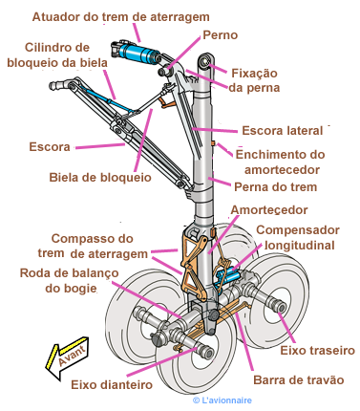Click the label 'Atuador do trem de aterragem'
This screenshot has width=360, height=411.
pos(121,17)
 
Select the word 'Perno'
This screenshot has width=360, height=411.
pos(221,35)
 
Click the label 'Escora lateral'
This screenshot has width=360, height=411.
pos(283,131)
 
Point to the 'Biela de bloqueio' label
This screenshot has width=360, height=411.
pos(100,178)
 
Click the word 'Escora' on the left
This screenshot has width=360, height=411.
pos(50,147)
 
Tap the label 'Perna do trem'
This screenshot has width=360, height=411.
pos(276,187)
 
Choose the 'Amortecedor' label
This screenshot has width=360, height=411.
pos(269,210)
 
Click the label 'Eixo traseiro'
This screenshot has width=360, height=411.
pos(317,351)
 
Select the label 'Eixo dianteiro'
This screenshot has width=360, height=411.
pos(112,384)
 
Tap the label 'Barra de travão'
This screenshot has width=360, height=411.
pos(299,380)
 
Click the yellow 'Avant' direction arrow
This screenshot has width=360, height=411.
pos(68,357)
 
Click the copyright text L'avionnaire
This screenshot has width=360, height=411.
pos(222,400)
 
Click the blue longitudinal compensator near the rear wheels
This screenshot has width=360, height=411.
pos(227,276)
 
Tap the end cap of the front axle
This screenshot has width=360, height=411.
pos(208,352)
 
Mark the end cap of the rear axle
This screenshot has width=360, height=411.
pos(282,308)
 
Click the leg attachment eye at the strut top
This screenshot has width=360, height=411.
pos(205,60)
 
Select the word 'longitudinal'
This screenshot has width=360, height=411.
pos(300,246)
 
